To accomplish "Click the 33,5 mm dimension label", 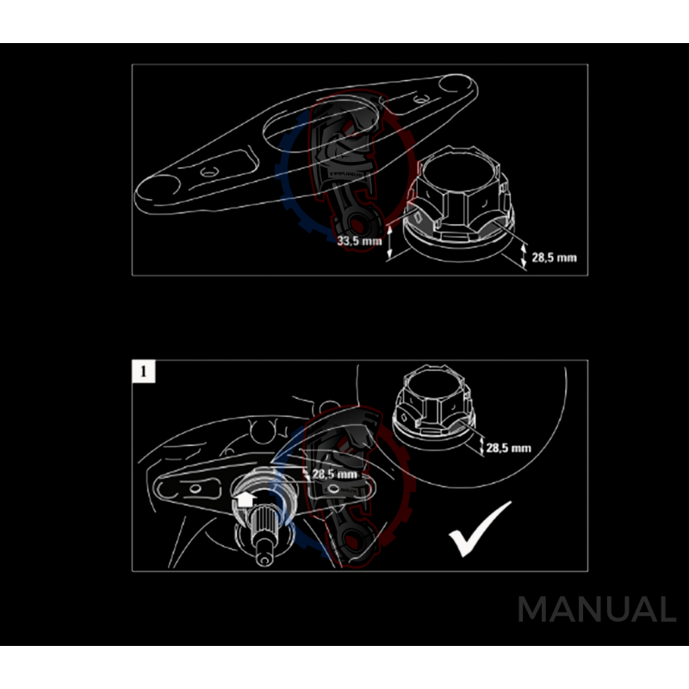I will coord(359,241).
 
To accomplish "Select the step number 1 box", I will coord(142,371).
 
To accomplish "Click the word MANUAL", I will coord(596,610).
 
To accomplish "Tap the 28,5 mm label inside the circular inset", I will coord(509,448).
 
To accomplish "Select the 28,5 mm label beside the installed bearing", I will coord(334,474).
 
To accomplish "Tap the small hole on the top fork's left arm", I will coord(207,173).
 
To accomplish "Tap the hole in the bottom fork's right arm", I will coord(335,490).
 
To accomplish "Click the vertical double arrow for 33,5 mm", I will coord(390,240).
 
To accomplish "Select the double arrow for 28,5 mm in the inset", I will coord(479,445).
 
